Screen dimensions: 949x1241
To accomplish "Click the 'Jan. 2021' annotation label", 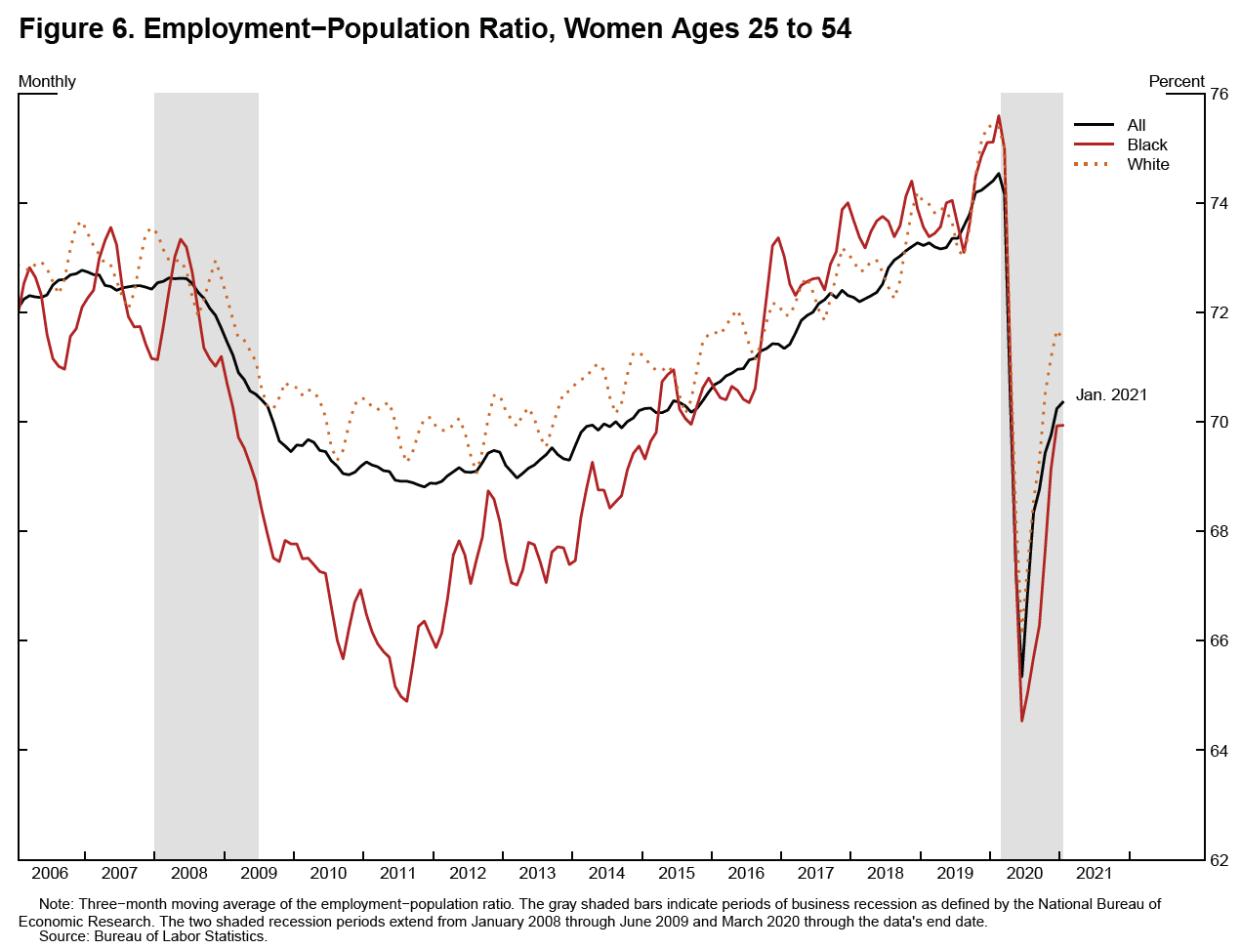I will coord(1111,395).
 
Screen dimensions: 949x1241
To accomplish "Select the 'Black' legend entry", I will coord(1147,144).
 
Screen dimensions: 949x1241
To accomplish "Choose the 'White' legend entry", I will coord(1147,164).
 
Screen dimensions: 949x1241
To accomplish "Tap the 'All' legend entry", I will coord(1137,125).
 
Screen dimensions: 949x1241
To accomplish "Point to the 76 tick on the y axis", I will coord(1220,94).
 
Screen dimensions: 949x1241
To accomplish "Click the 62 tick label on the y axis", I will coord(1220,860).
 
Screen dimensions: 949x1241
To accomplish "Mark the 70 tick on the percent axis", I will coord(1220,422).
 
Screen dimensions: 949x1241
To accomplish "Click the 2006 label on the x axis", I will coord(50,873).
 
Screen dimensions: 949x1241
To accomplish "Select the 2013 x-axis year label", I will coord(537,873).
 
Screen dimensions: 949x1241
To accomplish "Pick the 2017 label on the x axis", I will coord(815,873).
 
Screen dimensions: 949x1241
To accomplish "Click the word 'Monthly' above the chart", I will coord(47,81).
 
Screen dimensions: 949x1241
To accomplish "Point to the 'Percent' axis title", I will coord(1177,81).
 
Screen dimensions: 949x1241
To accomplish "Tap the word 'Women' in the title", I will coord(616,29).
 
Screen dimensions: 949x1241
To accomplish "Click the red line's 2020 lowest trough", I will coord(1021,721).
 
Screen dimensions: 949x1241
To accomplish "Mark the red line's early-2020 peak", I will coord(998,116).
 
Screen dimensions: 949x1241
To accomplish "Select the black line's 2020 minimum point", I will coord(1021,676).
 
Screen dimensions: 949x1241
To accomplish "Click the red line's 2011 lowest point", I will coord(406,701).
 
